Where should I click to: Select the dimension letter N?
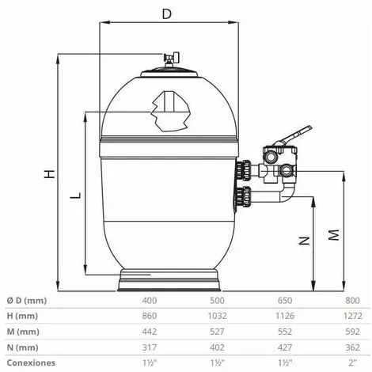pyautogui.click(x=303, y=240)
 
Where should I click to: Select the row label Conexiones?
pyautogui.click(x=29, y=363)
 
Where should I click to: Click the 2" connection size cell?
pyautogui.click(x=353, y=363)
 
